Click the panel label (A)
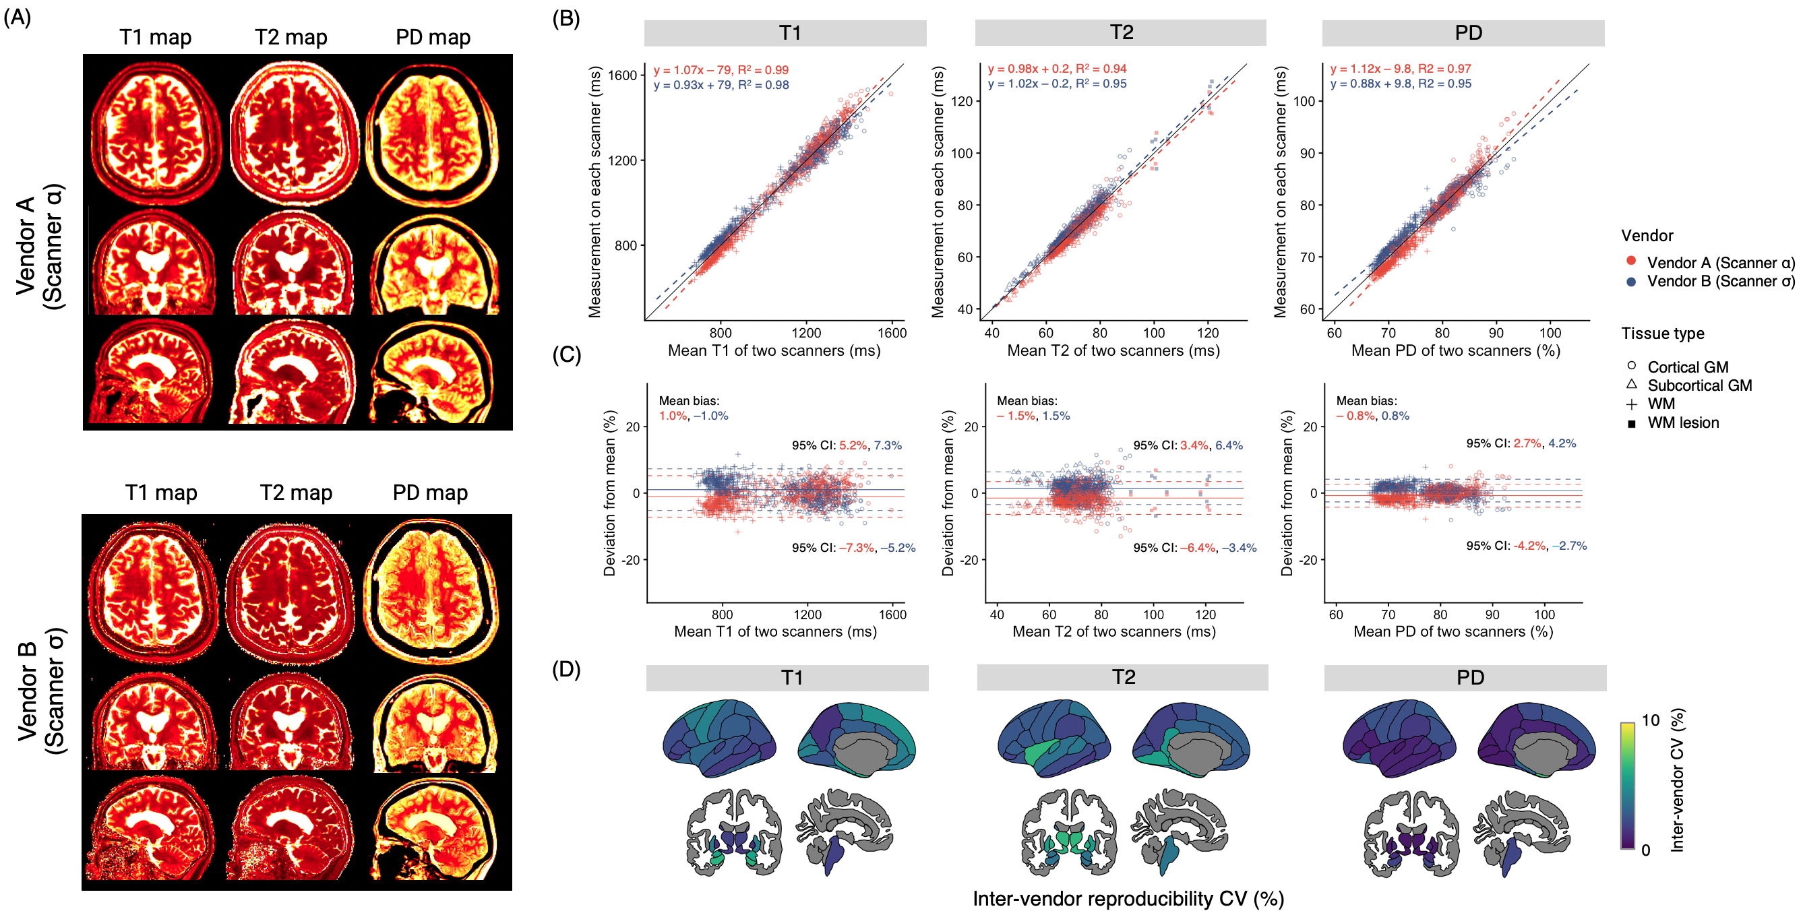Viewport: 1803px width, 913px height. [18, 18]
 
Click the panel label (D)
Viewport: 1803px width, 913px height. [566, 670]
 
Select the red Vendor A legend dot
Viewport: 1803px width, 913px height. [1631, 261]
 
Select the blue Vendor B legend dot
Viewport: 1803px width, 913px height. [1631, 281]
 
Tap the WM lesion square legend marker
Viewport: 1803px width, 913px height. [1632, 424]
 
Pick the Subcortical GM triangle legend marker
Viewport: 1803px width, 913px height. [1632, 385]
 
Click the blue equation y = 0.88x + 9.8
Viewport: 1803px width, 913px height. [1400, 84]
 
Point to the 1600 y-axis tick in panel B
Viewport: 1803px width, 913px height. [622, 75]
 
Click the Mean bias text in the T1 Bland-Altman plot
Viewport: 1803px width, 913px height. [689, 401]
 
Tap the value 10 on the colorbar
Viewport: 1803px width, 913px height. [1650, 720]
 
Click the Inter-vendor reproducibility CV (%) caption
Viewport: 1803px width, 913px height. [1128, 898]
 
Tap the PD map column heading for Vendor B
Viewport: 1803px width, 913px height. [430, 493]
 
